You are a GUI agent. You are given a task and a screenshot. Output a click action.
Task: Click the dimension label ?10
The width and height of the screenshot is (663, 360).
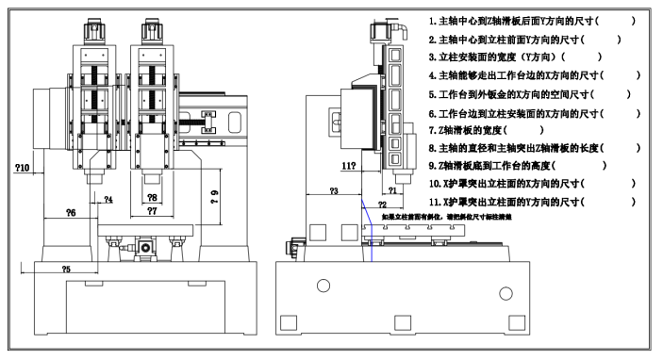(24, 168)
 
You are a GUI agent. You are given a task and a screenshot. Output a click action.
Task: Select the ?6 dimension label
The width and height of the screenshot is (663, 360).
(70, 214)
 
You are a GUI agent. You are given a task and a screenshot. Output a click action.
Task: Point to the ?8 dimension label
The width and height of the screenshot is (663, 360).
(153, 197)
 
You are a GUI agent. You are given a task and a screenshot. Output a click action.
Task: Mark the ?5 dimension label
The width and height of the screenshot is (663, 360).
(66, 270)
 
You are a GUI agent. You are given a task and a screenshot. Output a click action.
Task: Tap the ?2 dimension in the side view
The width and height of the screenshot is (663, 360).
(382, 205)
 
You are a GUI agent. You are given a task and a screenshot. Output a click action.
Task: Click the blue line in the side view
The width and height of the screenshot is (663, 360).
(371, 236)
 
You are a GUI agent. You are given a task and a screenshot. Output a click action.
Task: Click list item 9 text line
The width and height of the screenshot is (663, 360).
(517, 166)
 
